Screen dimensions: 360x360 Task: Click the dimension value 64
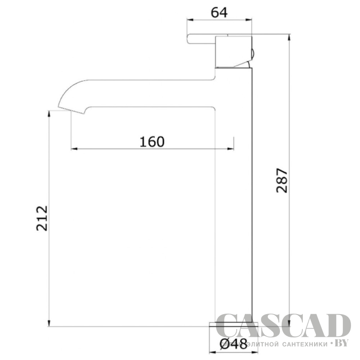pyautogui.click(x=219, y=13)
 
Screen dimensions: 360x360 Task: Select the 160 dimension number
pyautogui.click(x=152, y=142)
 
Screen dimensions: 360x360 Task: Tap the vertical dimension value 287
pyautogui.click(x=282, y=180)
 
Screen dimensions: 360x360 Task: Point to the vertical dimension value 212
pyautogui.click(x=42, y=218)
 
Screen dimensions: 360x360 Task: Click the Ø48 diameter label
pyautogui.click(x=234, y=344)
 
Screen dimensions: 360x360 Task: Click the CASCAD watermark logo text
pyautogui.click(x=283, y=325)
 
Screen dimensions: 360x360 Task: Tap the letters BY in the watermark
pyautogui.click(x=342, y=342)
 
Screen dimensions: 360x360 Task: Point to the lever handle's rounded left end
pyautogui.click(x=189, y=39)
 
